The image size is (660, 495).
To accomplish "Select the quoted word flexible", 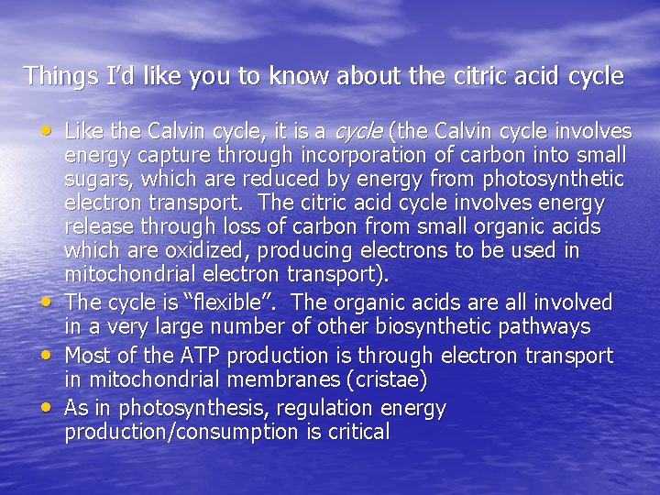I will click(x=204, y=302).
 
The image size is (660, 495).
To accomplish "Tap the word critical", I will click(x=360, y=432).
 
